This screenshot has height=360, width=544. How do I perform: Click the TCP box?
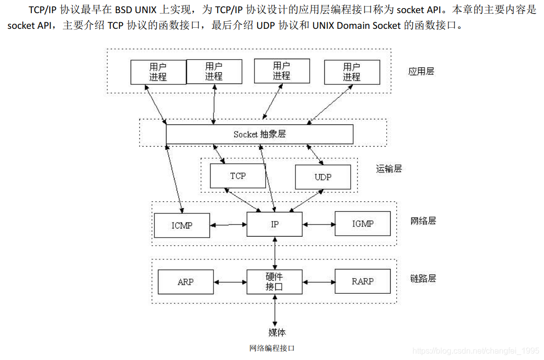[238, 175]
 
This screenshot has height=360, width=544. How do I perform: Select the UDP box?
[323, 177]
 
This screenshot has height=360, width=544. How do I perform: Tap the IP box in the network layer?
[274, 224]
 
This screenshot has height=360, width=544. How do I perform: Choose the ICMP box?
[182, 225]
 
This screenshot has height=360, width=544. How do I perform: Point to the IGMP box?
[362, 224]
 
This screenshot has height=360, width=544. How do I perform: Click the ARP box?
[185, 282]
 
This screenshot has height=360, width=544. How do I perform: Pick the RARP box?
[362, 281]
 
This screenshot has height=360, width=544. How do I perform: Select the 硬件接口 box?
[274, 282]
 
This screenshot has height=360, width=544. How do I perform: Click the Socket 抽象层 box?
[259, 134]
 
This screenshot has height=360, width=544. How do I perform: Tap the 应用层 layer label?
[421, 71]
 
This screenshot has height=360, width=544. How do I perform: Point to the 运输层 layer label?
[389, 169]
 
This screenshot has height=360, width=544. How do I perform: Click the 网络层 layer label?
[423, 221]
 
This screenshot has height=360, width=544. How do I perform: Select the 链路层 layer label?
[423, 278]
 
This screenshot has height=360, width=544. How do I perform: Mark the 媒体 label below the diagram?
[277, 332]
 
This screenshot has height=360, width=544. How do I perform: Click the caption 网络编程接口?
[272, 348]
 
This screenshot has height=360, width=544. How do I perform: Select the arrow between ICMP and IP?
[228, 224]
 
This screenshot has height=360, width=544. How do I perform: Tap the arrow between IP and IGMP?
[318, 224]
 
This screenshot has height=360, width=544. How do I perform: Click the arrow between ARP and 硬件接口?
[230, 282]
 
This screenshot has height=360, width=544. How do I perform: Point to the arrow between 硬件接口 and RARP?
[318, 282]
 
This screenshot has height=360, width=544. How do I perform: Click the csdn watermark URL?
[476, 350]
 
